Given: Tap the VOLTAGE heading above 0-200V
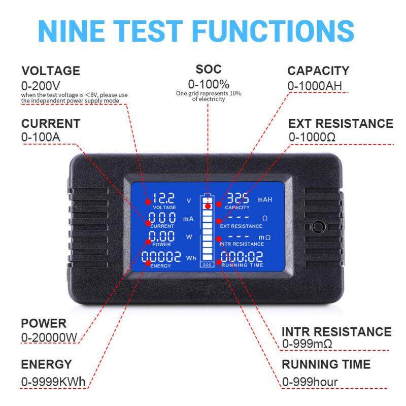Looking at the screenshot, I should [51, 71].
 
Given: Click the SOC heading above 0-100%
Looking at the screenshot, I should [209, 70].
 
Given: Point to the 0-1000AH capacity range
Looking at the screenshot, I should [315, 86].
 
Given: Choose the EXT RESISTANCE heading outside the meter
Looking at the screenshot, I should [341, 124].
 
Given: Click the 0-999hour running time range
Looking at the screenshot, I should [310, 382].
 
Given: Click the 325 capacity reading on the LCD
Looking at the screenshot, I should [238, 198].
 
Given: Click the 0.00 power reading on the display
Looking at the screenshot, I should [162, 236].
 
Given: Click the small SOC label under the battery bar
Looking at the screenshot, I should [207, 264].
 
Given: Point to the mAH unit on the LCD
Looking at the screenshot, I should [264, 200].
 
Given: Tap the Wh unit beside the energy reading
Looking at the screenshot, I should [191, 258].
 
